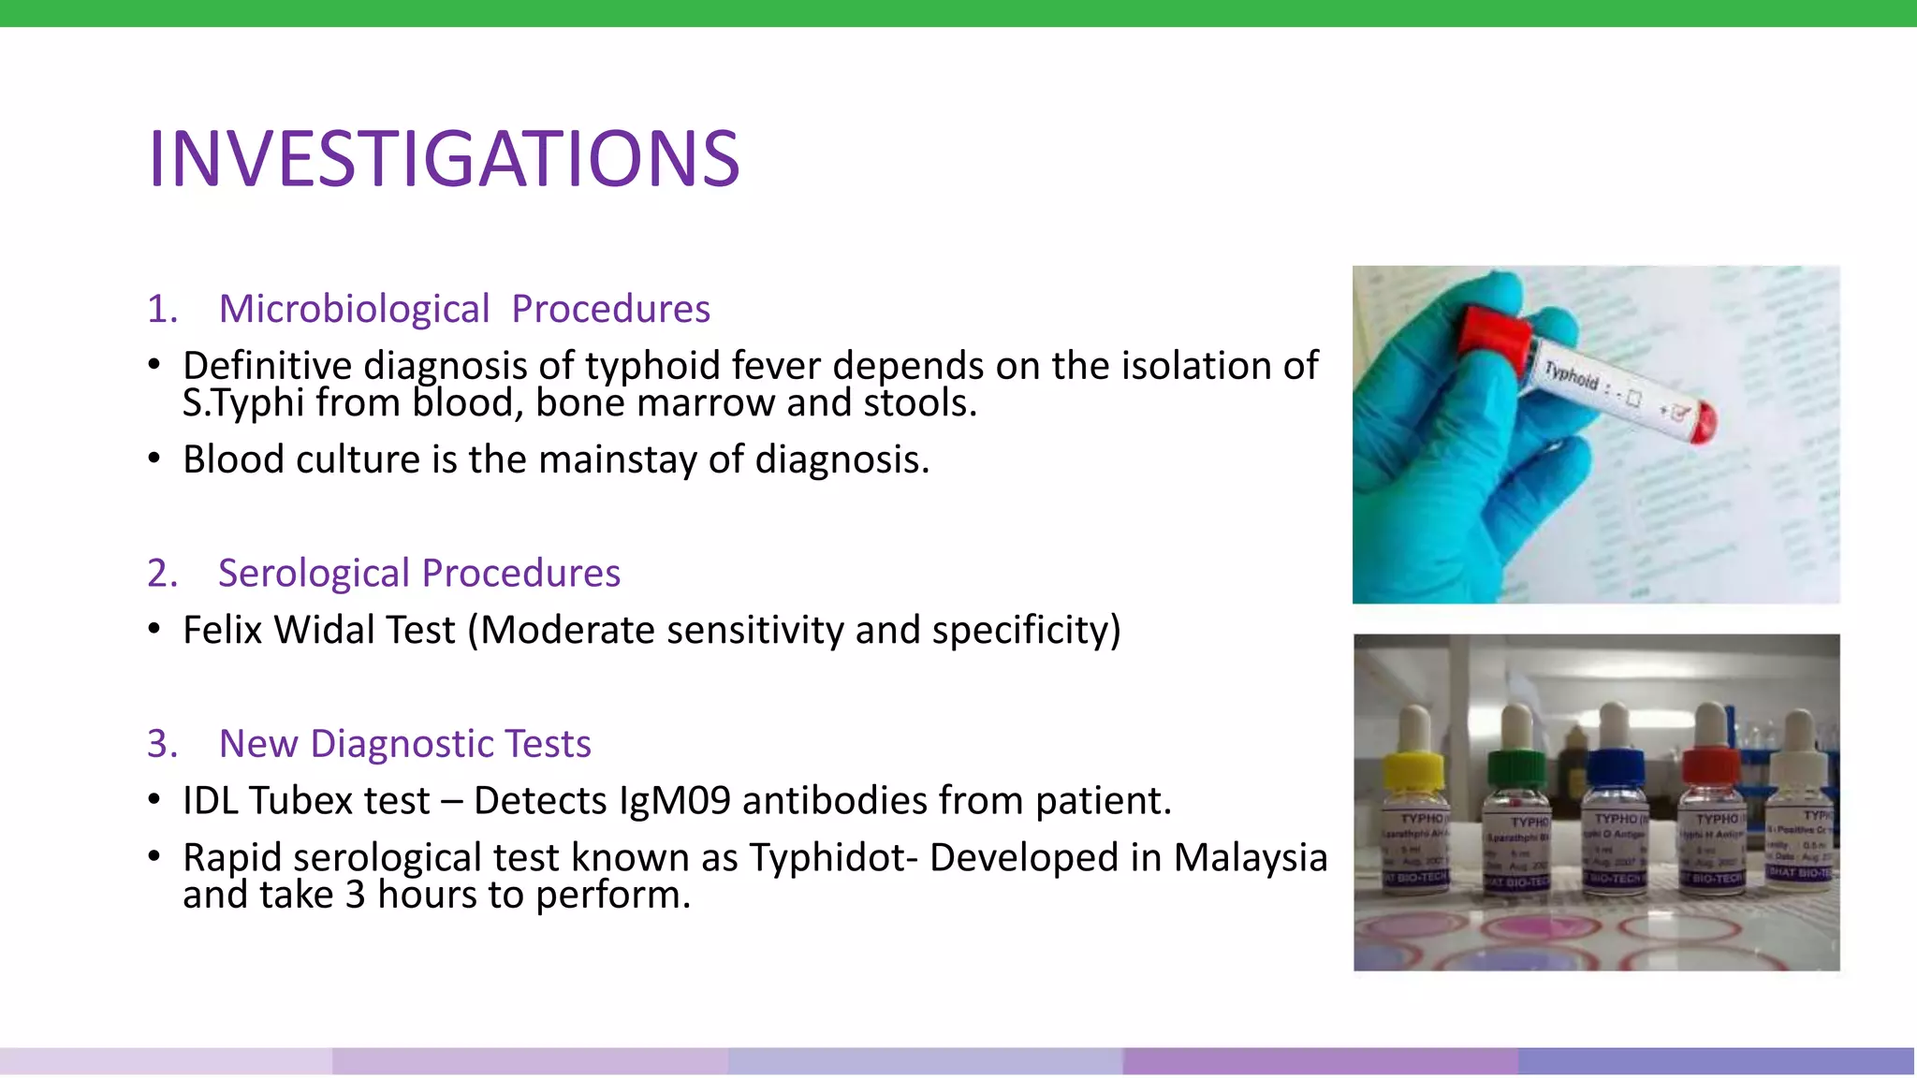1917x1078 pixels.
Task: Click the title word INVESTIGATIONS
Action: tap(444, 159)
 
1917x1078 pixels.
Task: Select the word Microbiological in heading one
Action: tap(354, 309)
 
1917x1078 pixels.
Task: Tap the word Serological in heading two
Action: tap(314, 573)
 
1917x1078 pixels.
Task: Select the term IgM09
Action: tap(674, 801)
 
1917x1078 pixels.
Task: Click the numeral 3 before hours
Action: tap(355, 896)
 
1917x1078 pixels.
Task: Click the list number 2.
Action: tap(161, 573)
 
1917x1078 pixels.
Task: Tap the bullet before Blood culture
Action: tap(154, 459)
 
